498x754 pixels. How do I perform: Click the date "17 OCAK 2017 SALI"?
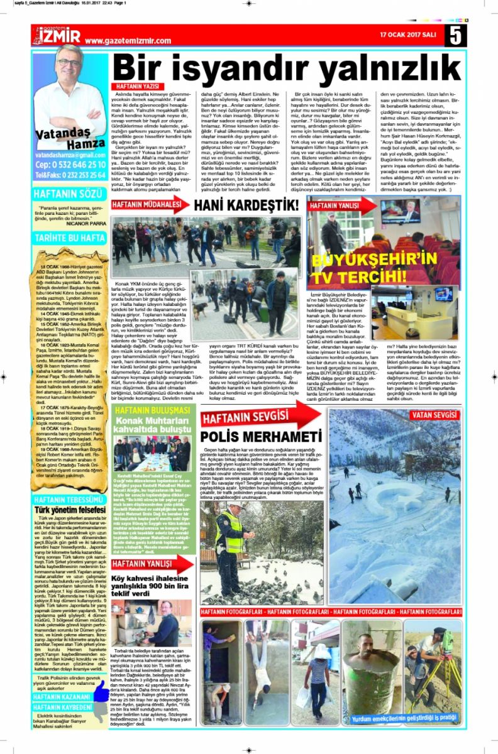pos(410,34)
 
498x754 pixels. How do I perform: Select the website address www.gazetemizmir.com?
pos(128,41)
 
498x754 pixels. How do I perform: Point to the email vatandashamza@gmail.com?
pos(70,155)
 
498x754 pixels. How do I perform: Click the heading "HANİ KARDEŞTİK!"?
pos(246,205)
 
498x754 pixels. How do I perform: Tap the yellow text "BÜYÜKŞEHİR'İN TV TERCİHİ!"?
pos(384,266)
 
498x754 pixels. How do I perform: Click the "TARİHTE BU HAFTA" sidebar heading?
pos(70,239)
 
